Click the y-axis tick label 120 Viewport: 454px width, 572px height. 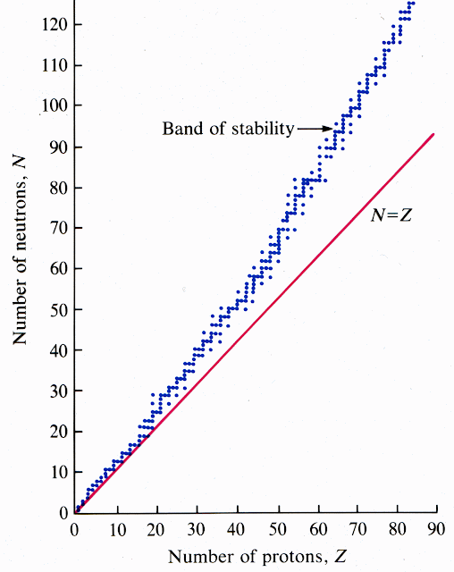[55, 24]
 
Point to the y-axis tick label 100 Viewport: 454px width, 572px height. [55, 105]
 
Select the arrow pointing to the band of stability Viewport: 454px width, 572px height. [314, 129]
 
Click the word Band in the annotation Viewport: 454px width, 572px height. [180, 129]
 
